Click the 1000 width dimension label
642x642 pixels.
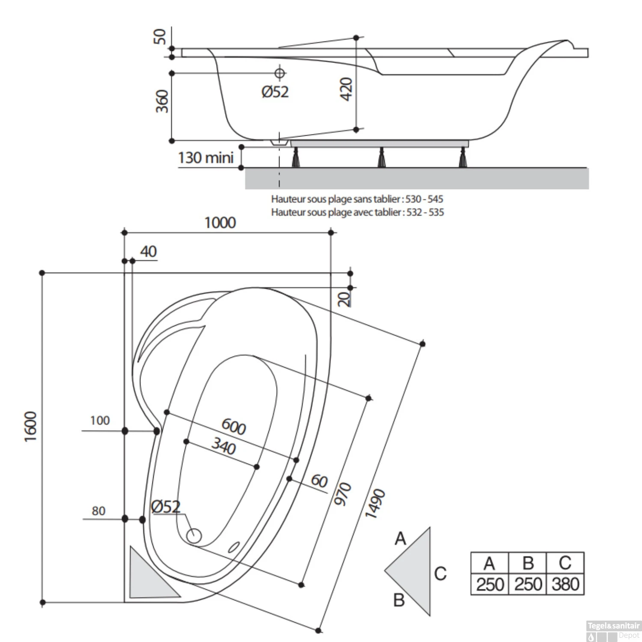point(220,223)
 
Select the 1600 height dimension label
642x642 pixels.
point(31,427)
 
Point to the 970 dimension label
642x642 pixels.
point(342,493)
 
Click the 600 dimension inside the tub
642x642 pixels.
point(234,426)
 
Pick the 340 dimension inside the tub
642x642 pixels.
point(223,446)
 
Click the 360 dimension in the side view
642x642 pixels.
point(162,101)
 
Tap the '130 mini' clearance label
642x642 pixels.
point(206,158)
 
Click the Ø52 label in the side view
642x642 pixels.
point(275,92)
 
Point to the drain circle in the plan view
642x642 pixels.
point(194,535)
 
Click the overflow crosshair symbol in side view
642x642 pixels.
point(279,73)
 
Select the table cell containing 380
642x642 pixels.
point(565,584)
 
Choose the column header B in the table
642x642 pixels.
point(528,563)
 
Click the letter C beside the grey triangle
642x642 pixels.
point(440,574)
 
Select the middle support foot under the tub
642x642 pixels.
point(380,158)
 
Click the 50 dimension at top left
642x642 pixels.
point(160,36)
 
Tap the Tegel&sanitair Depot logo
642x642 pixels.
point(613,630)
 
